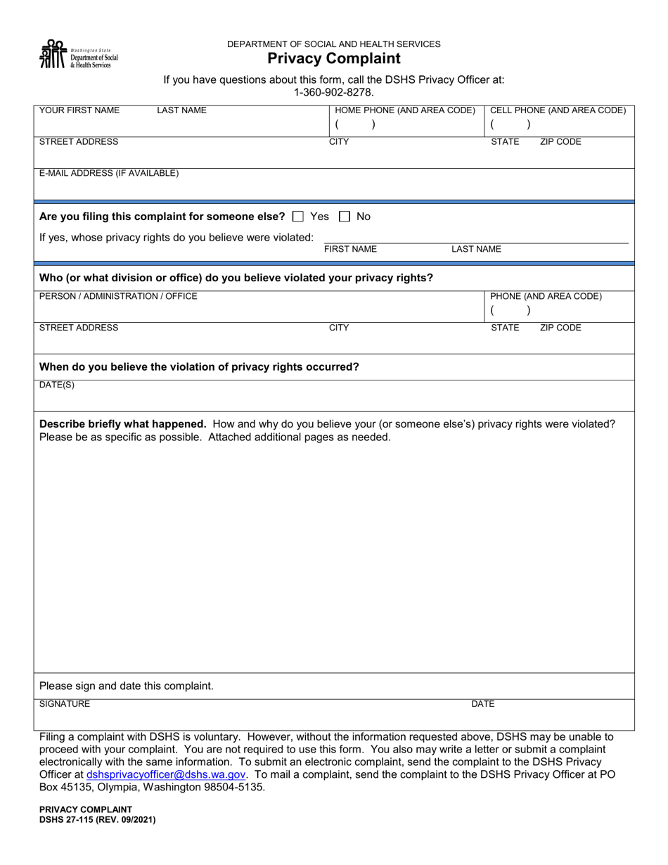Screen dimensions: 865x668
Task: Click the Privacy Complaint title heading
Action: tap(334, 59)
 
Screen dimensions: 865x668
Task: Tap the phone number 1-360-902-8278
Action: tap(333, 92)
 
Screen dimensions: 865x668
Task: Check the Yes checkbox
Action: tap(297, 217)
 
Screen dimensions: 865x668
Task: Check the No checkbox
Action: tap(345, 217)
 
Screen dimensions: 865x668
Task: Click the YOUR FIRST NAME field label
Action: tap(79, 110)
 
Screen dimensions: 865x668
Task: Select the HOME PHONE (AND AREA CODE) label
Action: tap(405, 110)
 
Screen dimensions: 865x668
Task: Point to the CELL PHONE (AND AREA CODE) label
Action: tap(558, 110)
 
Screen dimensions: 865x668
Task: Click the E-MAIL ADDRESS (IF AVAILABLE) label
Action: tap(109, 173)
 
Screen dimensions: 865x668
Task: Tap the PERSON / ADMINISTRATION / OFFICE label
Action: tap(118, 297)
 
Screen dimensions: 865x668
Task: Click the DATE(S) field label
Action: tap(56, 385)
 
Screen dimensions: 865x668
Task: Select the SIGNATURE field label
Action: tap(65, 703)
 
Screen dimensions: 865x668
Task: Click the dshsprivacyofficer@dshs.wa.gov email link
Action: tap(166, 774)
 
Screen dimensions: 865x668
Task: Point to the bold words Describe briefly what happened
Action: tap(123, 424)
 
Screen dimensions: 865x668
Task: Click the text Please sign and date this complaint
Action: tap(127, 686)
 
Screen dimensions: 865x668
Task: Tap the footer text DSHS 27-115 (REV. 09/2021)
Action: tap(98, 819)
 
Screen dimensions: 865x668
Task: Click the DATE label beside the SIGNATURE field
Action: tap(482, 703)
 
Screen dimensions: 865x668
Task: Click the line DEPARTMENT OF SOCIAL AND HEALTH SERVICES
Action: tap(333, 44)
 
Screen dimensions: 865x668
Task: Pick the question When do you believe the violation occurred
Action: tap(199, 367)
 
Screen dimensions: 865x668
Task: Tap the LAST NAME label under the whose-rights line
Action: tap(476, 250)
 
